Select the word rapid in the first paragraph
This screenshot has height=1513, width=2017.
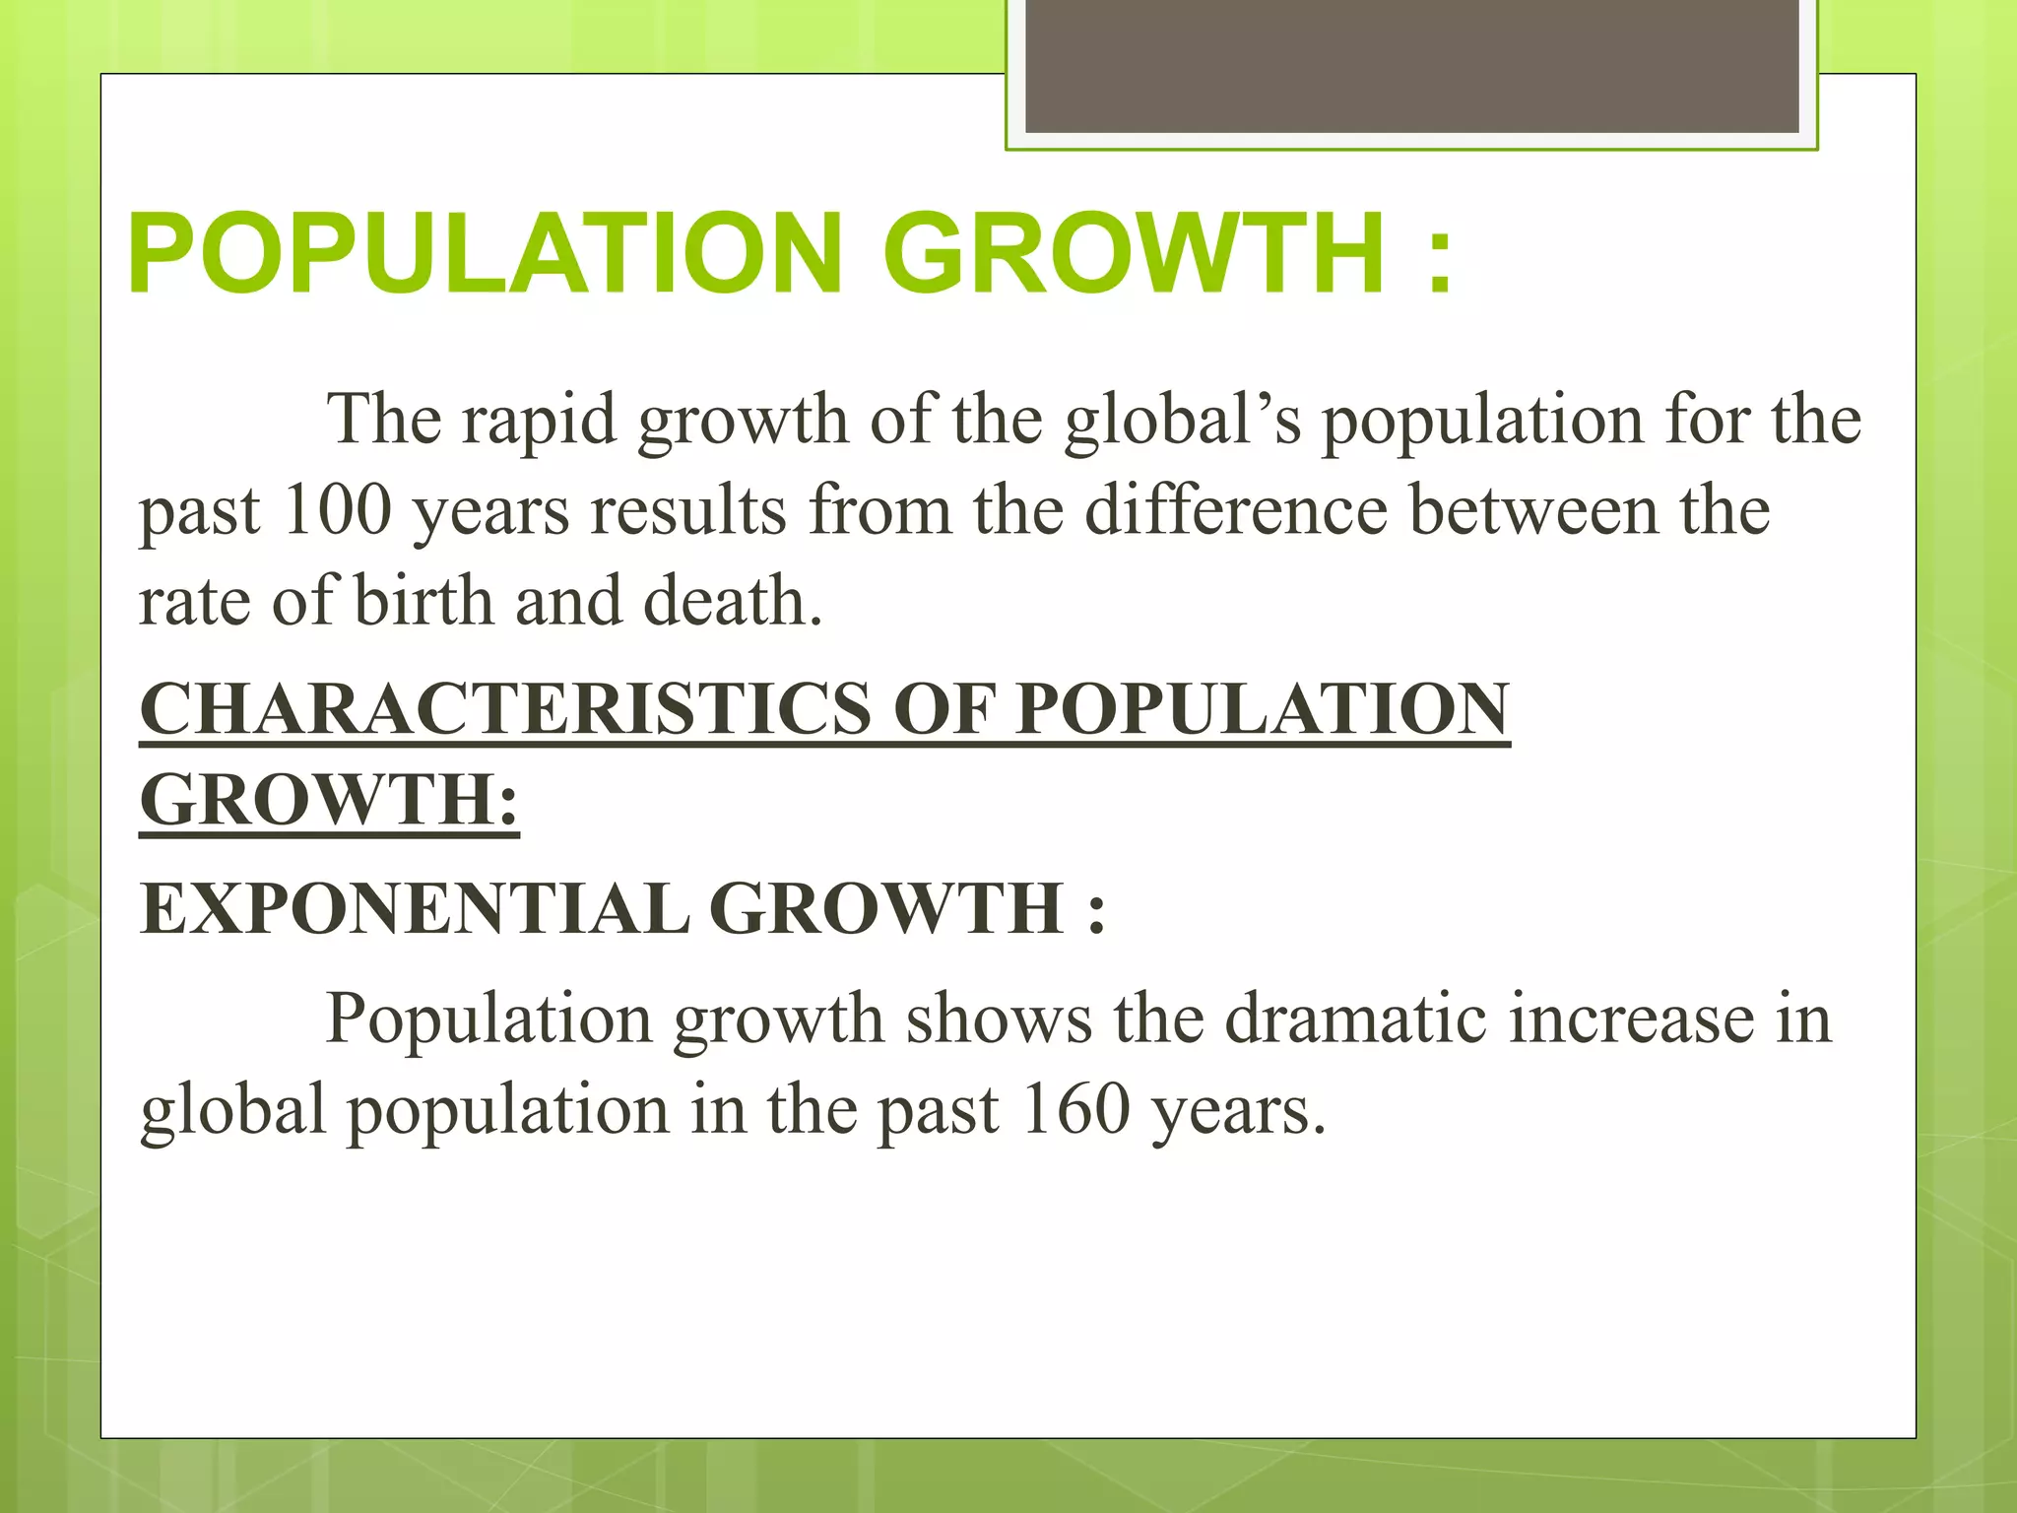pyautogui.click(x=540, y=421)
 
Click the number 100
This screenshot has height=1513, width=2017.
pyautogui.click(x=337, y=511)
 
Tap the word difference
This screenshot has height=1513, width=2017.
pyautogui.click(x=1236, y=511)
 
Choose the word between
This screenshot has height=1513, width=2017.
pyautogui.click(x=1535, y=511)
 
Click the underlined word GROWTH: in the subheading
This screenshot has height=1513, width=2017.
pyautogui.click(x=329, y=800)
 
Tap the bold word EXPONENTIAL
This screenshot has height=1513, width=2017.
pyautogui.click(x=415, y=908)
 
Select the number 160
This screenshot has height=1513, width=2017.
pyautogui.click(x=1074, y=1110)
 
